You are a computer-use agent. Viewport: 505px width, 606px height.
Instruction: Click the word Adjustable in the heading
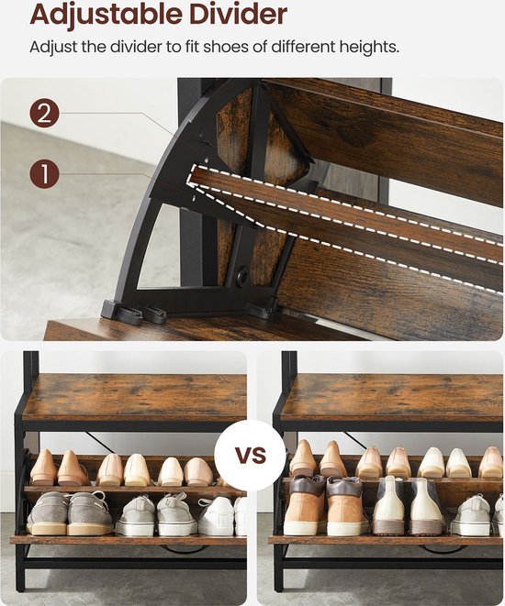click(106, 16)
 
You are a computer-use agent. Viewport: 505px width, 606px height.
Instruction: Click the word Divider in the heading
click(238, 15)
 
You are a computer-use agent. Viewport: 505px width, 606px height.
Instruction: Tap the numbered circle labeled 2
click(44, 114)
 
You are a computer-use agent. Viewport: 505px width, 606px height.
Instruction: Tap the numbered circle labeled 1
click(44, 173)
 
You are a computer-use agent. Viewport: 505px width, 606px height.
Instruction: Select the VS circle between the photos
click(251, 455)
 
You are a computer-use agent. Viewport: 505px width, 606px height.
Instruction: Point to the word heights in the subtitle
click(369, 48)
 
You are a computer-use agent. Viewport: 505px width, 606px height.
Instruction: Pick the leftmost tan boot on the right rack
click(304, 505)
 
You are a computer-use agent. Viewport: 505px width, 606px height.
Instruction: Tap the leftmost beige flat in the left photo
click(43, 467)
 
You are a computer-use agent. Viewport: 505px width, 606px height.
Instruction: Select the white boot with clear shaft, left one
click(388, 505)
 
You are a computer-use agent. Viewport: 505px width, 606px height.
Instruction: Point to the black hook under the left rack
click(182, 549)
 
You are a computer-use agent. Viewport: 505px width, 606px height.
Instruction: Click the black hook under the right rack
click(444, 549)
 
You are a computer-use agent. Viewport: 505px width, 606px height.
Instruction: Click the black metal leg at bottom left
click(19, 567)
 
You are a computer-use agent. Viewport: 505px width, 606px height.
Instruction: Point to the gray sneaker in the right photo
click(472, 515)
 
